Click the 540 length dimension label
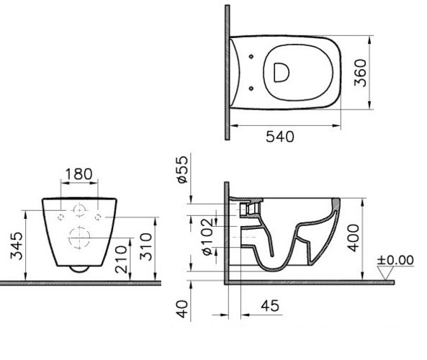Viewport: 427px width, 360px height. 280,137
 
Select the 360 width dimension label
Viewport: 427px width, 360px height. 360,73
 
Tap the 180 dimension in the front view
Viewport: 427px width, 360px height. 79,174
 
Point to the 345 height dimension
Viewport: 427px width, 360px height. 17,246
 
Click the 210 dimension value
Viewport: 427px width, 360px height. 121,259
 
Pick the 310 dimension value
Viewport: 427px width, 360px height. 145,247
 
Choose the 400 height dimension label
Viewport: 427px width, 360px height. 354,238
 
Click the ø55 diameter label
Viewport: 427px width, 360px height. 182,169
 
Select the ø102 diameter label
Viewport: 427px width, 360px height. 207,236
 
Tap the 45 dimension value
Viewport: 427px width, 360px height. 270,306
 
